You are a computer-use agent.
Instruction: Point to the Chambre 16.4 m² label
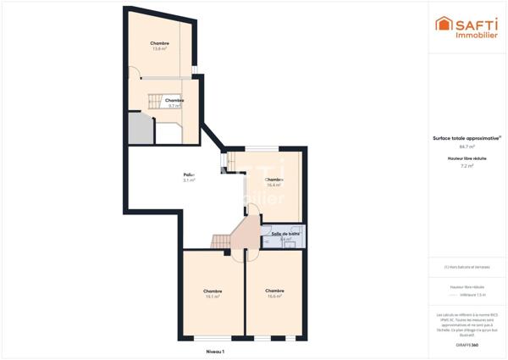coord(273,182)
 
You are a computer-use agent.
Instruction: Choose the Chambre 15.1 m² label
coord(212,294)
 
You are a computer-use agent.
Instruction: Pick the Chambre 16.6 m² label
coord(274,294)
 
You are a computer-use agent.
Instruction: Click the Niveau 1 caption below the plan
coord(215,351)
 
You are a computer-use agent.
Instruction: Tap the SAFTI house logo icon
coord(443,24)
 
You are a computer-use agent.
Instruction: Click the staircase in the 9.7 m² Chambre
coord(154,101)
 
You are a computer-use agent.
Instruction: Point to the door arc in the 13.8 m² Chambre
coord(134,74)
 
